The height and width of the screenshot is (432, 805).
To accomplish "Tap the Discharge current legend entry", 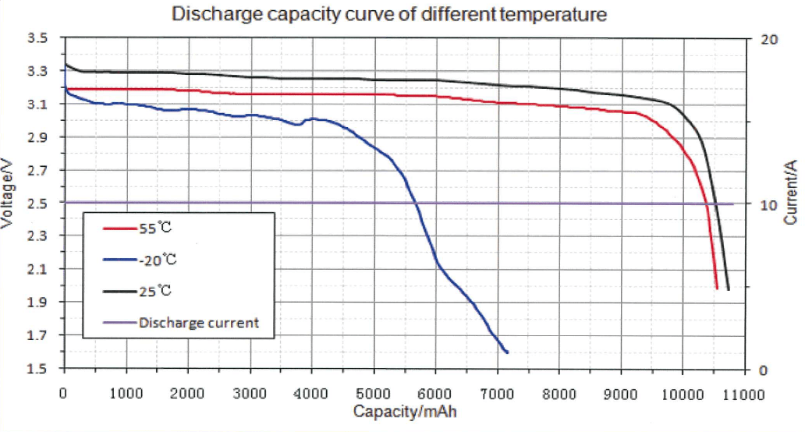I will (198, 322).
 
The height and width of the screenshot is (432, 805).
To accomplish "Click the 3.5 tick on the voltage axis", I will (37, 38).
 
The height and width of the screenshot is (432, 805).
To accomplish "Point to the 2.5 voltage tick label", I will (37, 204).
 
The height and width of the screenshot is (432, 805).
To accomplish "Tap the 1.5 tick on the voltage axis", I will (37, 368).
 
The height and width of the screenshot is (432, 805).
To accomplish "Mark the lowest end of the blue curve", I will (508, 352).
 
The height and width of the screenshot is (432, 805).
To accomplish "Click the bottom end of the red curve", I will (716, 289).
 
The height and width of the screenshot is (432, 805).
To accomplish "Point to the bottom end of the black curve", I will (728, 289).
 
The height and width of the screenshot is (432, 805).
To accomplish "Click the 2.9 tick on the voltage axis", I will (37, 137).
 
